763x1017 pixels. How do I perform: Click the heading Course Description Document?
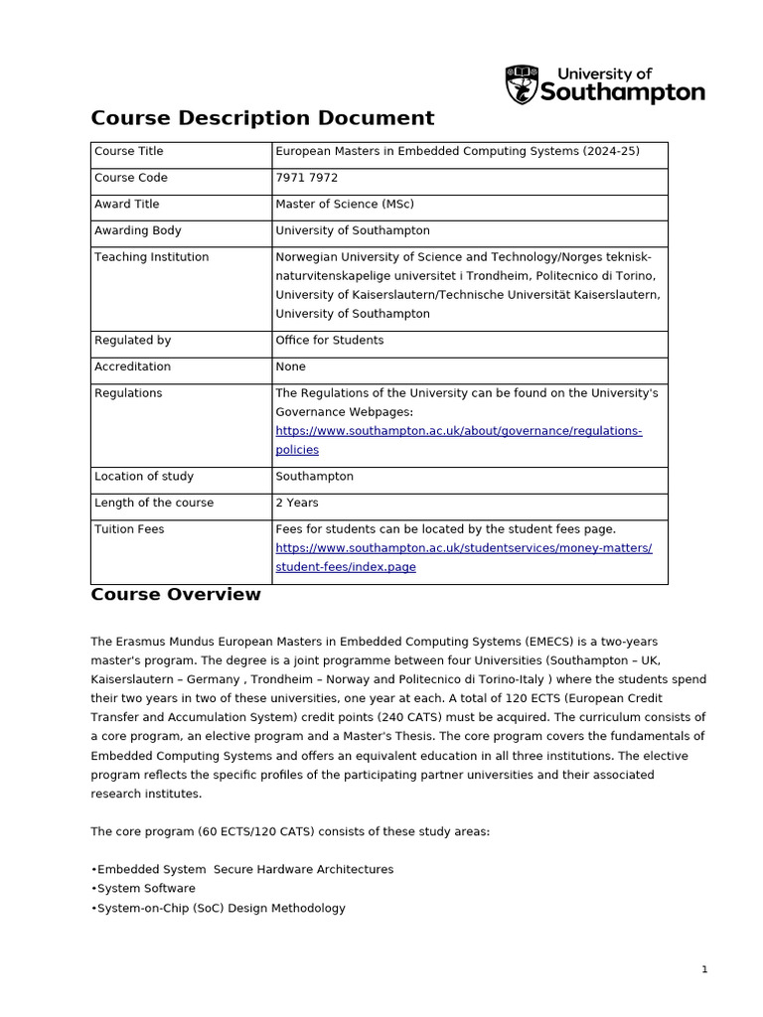point(262,118)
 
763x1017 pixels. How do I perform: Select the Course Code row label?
point(130,178)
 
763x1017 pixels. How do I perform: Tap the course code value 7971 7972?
point(306,178)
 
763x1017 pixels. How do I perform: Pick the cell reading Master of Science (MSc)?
point(344,205)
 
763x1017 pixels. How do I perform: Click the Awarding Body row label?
point(137,230)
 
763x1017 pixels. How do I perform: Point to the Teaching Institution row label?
point(151,257)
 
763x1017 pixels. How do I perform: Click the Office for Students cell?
point(329,340)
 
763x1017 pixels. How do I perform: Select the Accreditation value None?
point(290,366)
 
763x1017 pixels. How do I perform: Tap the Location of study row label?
point(143,476)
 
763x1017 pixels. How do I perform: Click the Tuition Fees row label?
point(129,528)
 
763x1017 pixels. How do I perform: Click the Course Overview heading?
point(176,595)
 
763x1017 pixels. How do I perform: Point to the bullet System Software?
point(145,888)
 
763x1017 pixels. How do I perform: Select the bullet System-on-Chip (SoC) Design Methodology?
point(220,908)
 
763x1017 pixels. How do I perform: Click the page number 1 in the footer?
point(704,969)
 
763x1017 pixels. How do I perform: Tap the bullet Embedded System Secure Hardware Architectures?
point(243,869)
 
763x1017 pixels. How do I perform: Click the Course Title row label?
point(128,151)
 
